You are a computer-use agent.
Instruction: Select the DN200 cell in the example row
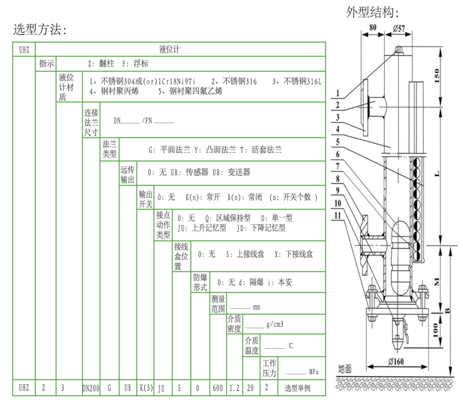click(91, 388)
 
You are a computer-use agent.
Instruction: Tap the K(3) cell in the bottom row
click(145, 388)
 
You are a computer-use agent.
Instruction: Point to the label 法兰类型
click(109, 149)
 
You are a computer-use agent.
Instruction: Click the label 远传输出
click(127, 175)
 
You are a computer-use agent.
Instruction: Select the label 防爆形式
click(200, 282)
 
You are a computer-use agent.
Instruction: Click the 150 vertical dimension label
click(437, 75)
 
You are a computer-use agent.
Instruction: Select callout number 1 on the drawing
click(338, 93)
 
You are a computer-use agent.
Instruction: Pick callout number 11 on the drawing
click(338, 216)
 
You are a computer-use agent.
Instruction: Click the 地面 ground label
click(345, 368)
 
